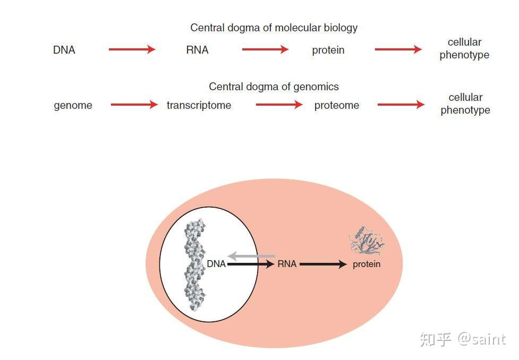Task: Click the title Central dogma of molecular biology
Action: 274,28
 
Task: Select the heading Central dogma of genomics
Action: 274,87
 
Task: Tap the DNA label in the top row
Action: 64,50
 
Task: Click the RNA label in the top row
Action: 197,50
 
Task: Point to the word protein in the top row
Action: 328,50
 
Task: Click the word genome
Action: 73,106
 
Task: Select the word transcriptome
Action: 199,105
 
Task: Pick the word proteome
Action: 337,106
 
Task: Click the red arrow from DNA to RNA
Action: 132,49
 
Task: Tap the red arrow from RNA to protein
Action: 266,49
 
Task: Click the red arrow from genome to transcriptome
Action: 134,105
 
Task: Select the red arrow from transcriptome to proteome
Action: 279,105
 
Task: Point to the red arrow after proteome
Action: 401,105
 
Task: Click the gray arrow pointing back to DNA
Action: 252,256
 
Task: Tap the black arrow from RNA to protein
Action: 323,264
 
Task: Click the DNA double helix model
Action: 194,265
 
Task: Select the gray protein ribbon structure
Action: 367,241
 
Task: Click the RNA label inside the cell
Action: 287,264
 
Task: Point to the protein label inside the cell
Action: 367,264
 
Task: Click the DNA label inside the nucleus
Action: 216,264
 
